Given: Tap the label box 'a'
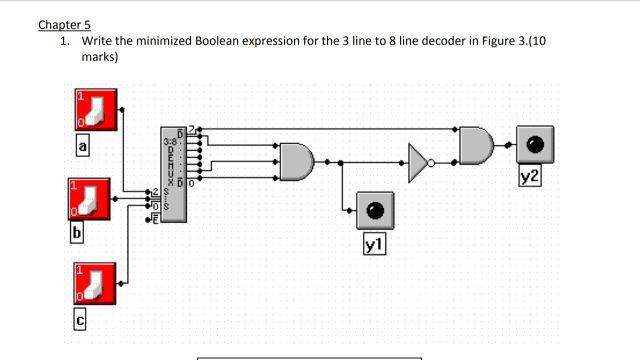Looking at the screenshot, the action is pyautogui.click(x=84, y=147).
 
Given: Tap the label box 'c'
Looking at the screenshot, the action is pyautogui.click(x=81, y=320).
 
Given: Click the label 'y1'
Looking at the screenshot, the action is pyautogui.click(x=375, y=243).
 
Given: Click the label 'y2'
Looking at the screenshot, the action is pyautogui.click(x=531, y=177).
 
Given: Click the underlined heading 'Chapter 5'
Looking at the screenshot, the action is pyautogui.click(x=64, y=24).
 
